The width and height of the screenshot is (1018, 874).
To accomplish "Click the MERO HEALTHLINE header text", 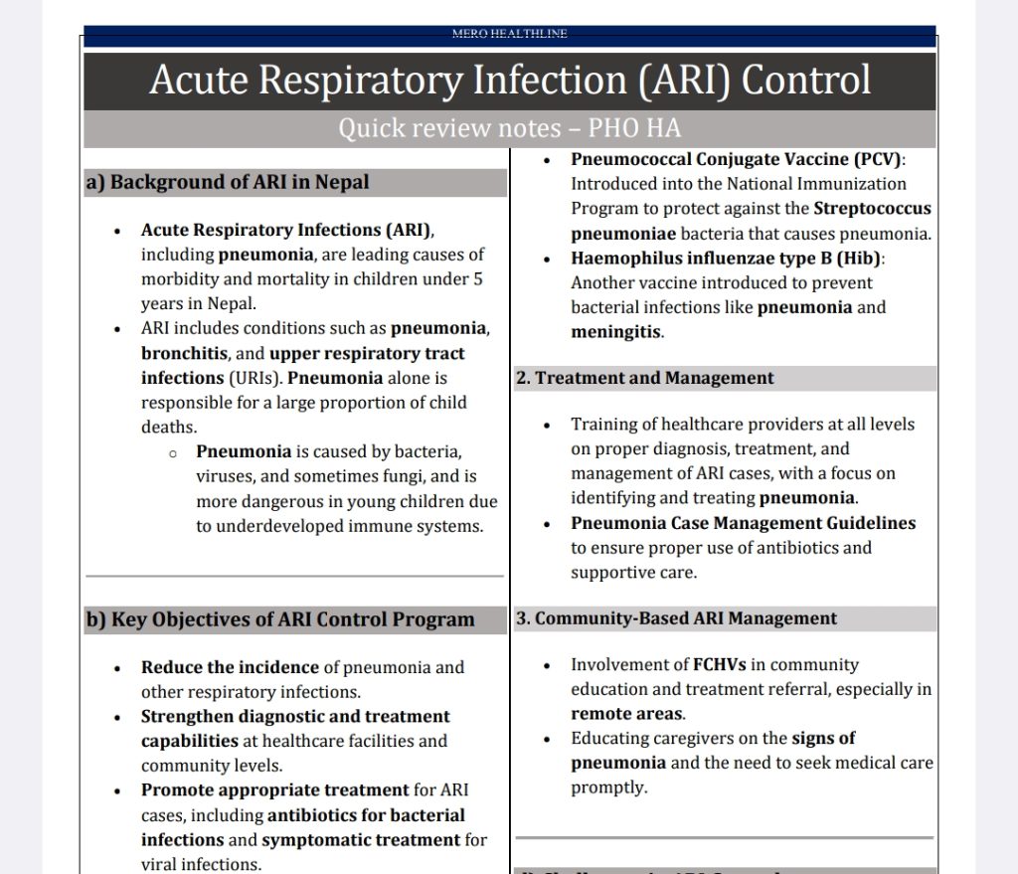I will [509, 34].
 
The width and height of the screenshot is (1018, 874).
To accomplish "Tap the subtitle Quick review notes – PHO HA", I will [509, 128].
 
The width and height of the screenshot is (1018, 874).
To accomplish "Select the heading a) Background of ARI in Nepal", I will [228, 182].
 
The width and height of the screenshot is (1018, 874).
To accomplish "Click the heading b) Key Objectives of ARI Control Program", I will [280, 619].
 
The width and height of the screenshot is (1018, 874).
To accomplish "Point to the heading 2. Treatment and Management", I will [644, 378].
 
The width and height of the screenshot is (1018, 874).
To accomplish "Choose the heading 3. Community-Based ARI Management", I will [676, 618].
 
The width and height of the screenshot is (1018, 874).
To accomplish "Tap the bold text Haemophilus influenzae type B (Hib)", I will [727, 258].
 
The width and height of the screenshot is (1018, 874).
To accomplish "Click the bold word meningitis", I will [615, 332].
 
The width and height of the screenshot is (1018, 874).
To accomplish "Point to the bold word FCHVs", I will [720, 664].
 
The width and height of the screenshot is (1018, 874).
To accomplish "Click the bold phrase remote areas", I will [626, 714].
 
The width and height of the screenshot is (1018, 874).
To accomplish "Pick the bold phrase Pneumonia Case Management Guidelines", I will [743, 523].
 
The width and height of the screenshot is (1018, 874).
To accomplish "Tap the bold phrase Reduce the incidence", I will [230, 667].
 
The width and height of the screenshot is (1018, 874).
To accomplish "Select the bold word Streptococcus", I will [872, 209].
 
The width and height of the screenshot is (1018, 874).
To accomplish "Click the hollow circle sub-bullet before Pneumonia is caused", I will [173, 452].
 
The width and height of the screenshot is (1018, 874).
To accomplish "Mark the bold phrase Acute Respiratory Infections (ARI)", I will [286, 230].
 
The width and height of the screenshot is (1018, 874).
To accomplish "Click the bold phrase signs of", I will [823, 738].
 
